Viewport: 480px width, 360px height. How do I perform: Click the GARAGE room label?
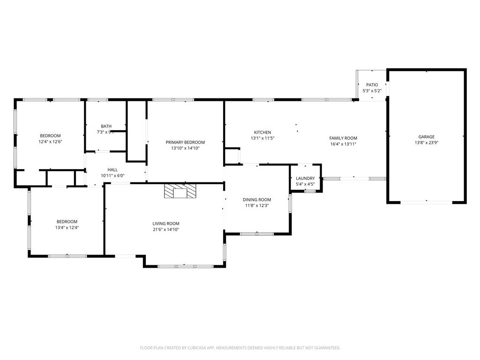(x=426, y=137)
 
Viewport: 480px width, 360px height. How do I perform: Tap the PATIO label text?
(x=372, y=85)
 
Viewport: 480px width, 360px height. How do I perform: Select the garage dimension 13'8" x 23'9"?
(x=426, y=143)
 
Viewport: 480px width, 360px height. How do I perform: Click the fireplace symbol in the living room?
(x=180, y=191)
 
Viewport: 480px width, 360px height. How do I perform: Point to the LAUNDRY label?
(x=305, y=179)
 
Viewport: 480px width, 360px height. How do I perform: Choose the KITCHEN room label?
(x=262, y=132)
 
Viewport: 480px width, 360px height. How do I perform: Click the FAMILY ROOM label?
(x=343, y=138)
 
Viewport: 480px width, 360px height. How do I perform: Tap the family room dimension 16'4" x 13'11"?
(x=343, y=144)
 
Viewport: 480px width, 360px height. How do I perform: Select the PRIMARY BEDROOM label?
(x=185, y=142)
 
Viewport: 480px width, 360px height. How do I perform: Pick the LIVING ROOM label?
(x=166, y=224)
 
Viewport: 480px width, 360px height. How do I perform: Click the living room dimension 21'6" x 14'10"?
(x=166, y=230)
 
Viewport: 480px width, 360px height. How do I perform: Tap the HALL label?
(x=112, y=170)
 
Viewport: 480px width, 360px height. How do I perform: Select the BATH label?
(x=106, y=126)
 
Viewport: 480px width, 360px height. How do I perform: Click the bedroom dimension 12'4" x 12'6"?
(x=50, y=142)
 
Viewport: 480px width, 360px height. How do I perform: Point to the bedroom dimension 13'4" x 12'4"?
(x=67, y=227)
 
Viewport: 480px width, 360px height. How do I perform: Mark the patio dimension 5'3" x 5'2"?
(x=372, y=90)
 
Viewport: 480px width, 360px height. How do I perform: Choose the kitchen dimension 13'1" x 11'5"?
(x=262, y=138)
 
